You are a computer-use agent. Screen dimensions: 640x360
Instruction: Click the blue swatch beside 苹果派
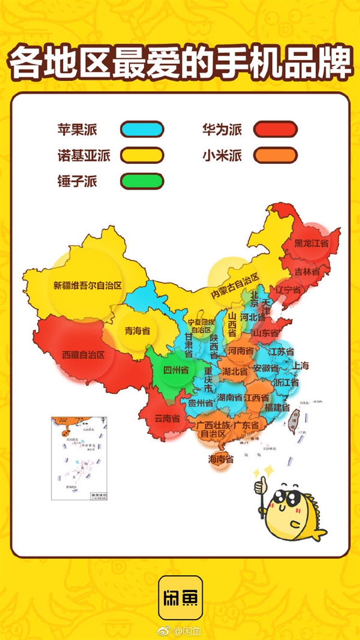click(x=142, y=129)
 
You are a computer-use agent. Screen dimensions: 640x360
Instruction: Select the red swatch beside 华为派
click(x=275, y=129)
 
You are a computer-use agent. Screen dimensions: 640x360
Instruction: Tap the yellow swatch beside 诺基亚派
click(x=142, y=155)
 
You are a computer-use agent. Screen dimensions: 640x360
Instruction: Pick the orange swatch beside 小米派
click(x=275, y=155)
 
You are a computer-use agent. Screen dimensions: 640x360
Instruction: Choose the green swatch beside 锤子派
click(x=142, y=180)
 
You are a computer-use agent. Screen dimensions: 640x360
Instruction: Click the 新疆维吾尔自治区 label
click(x=88, y=285)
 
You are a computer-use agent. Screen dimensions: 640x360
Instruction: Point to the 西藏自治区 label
click(x=83, y=355)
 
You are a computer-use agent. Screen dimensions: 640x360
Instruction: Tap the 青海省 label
click(x=137, y=330)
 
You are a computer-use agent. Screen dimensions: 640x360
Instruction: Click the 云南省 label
click(x=167, y=418)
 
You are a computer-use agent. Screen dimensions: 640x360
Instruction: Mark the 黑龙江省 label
click(x=311, y=244)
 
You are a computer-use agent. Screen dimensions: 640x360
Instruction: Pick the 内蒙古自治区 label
click(x=234, y=286)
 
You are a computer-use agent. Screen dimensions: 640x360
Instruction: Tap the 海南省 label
click(x=220, y=459)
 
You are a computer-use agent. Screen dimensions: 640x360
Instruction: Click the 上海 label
click(x=301, y=366)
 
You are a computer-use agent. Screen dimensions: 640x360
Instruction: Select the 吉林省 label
click(x=307, y=271)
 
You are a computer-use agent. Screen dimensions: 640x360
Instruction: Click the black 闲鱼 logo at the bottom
click(x=180, y=597)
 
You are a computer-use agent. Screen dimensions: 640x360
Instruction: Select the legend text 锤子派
click(x=77, y=180)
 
